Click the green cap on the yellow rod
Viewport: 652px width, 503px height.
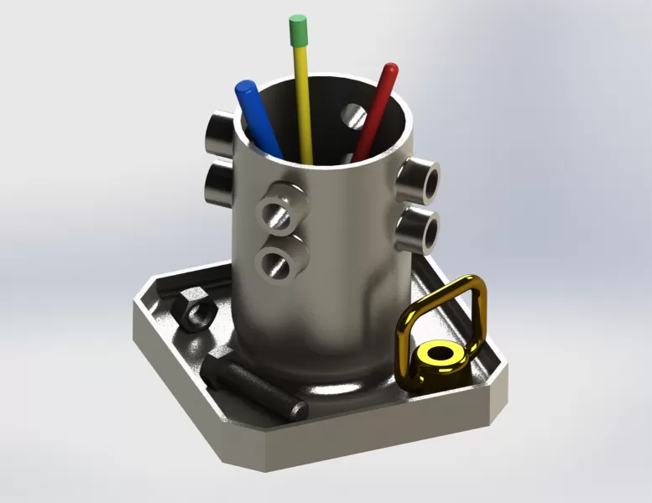[297, 31]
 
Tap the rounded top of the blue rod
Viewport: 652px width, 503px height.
[245, 88]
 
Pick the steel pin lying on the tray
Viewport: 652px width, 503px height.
[256, 388]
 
